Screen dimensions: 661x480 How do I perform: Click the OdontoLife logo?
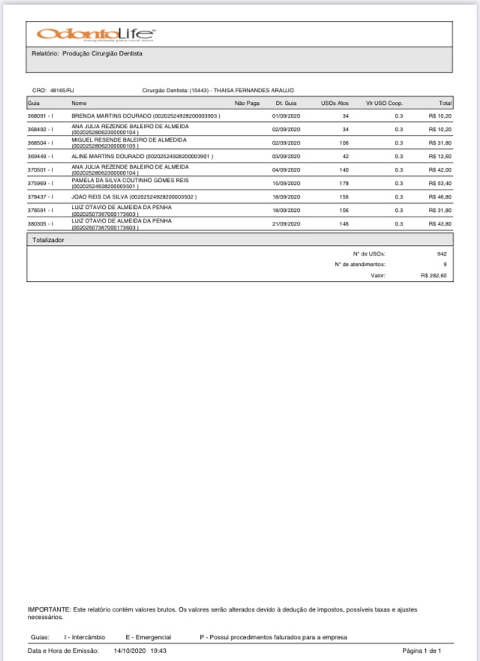96,34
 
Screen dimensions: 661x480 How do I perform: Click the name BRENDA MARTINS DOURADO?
112,116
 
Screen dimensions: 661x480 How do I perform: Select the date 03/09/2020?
286,156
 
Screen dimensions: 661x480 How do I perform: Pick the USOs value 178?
344,182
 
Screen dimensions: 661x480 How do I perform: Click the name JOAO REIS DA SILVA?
100,196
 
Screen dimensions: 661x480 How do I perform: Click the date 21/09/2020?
286,223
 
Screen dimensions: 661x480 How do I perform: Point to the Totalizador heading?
48,241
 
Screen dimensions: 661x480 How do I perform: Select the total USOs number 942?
442,253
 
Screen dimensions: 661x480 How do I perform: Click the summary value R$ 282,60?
434,276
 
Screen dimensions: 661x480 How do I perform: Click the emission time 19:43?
158,651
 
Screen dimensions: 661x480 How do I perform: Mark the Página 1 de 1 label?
427,651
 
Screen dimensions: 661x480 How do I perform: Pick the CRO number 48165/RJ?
62,90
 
